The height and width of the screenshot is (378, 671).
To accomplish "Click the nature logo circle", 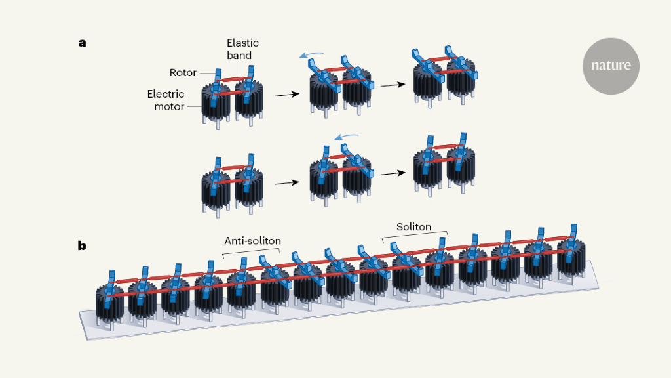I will pos(611,66).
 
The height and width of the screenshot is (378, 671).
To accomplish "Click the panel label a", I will pos(82,43).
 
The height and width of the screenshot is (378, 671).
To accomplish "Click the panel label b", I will pos(82,246).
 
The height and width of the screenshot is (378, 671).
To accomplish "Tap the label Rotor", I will pos(184,73).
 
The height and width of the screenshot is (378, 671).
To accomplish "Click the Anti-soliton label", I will pos(252,241).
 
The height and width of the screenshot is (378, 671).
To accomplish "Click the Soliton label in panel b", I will pos(413,227).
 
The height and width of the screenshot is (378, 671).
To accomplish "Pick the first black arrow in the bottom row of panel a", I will pos(284,182).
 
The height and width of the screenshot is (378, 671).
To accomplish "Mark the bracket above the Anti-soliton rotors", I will pos(252,252).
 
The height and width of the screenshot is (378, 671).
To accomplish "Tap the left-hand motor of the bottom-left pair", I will pos(216,189).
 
